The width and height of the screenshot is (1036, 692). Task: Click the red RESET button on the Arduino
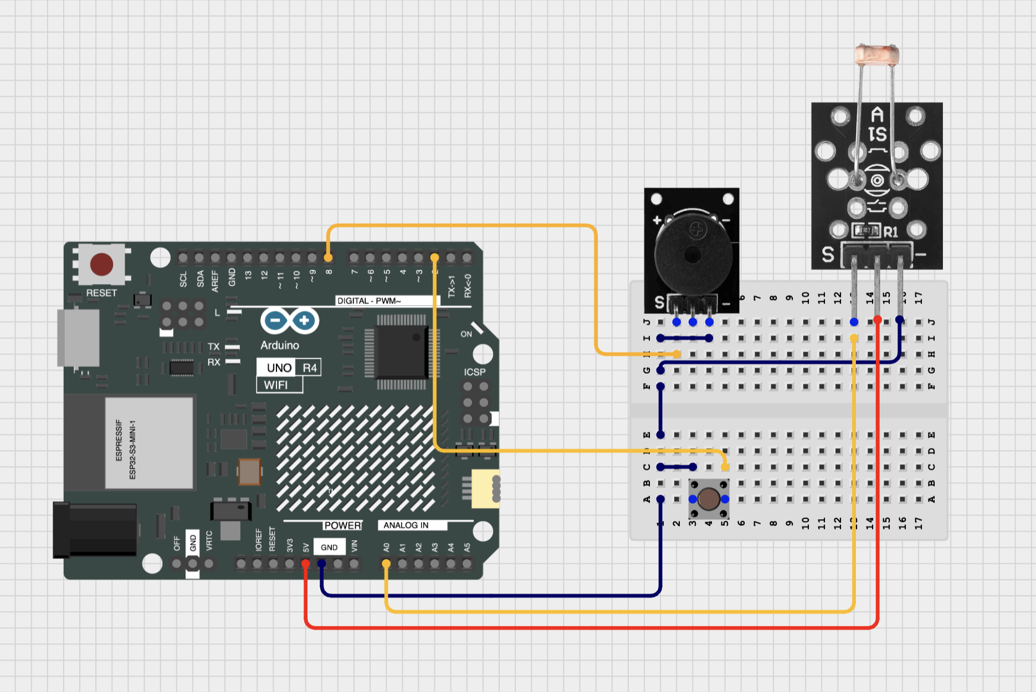pos(101,264)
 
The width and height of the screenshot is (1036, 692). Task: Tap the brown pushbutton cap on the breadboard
pos(709,499)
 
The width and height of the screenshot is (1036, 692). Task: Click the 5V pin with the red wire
pos(305,564)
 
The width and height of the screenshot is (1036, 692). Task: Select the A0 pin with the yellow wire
pos(386,564)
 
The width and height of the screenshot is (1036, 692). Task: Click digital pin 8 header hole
pos(328,257)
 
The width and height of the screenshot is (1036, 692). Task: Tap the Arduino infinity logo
pos(289,320)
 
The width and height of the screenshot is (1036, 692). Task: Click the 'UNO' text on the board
pos(279,368)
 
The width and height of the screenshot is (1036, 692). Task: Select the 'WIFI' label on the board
pos(275,385)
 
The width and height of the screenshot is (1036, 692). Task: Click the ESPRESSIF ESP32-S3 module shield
pos(148,443)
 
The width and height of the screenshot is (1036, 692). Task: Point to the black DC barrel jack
pos(95,529)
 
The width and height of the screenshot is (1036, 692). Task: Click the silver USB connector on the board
pos(79,337)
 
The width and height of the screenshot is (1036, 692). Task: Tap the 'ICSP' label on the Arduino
pos(474,372)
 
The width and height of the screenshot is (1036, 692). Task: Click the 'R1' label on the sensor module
pos(890,231)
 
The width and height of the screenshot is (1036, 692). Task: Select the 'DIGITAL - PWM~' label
pos(368,301)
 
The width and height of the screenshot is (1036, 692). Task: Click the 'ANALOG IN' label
pos(406,525)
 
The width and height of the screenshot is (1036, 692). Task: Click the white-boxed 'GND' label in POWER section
pos(329,547)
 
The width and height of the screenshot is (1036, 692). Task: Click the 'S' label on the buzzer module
pos(659,302)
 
